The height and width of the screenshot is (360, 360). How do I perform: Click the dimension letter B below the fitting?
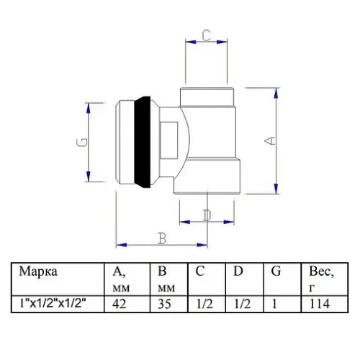(x=162, y=238)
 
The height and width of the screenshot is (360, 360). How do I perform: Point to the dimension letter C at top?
(x=205, y=34)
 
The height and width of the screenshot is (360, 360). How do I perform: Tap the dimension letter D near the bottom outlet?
(x=207, y=214)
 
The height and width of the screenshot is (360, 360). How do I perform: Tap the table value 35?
(x=165, y=304)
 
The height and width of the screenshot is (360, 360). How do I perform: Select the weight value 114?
(x=316, y=304)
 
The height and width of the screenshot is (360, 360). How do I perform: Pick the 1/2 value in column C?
(x=204, y=304)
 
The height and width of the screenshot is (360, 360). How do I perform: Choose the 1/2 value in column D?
(x=243, y=304)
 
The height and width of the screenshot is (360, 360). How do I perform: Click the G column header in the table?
(x=276, y=272)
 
